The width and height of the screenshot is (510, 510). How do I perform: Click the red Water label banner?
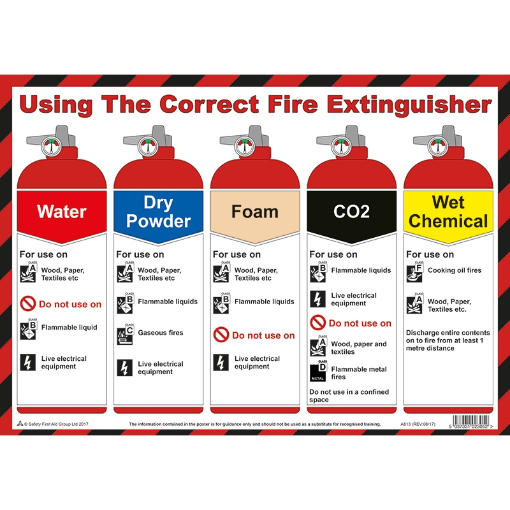[62, 211]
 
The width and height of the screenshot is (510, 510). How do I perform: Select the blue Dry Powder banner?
[158, 211]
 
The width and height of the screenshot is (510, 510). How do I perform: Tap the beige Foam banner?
[255, 211]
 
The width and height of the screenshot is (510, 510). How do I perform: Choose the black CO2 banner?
[351, 211]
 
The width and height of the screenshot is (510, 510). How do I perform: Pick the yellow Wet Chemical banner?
[448, 211]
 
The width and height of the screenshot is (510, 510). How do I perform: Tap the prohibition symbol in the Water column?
[28, 304]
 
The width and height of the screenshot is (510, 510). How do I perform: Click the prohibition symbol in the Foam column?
[221, 335]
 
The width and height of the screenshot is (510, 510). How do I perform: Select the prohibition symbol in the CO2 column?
[317, 323]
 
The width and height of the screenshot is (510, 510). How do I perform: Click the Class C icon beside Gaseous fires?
[125, 335]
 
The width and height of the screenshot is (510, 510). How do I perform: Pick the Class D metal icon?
[318, 372]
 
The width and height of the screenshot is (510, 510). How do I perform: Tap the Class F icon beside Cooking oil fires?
[414, 272]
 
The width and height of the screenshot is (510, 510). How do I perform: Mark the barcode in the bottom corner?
[469, 421]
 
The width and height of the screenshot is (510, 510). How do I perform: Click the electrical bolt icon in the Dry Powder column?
[125, 368]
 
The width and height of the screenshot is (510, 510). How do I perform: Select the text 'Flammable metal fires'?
[359, 373]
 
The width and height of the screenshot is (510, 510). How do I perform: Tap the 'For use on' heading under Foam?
[237, 254]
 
